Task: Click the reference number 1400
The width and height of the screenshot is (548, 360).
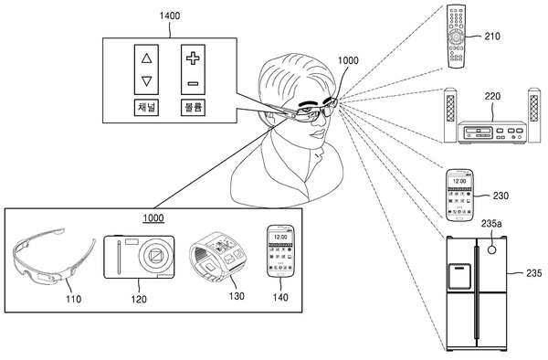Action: point(170,16)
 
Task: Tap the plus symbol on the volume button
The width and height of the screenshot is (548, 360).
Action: point(193,58)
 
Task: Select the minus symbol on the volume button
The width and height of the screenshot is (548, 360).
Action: point(193,83)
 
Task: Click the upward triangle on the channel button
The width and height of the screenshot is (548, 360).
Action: point(147,58)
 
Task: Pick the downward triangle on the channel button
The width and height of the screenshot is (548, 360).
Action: point(147,81)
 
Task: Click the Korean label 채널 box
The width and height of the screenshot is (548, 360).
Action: point(146,107)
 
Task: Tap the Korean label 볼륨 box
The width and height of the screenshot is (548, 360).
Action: point(193,107)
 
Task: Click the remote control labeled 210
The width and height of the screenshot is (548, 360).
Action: point(457,37)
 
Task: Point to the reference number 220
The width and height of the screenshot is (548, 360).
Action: point(492,96)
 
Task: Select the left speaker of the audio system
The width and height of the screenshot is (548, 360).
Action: point(450,115)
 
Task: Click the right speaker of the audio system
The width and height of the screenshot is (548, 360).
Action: point(534,115)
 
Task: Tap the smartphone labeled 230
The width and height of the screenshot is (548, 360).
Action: point(459,195)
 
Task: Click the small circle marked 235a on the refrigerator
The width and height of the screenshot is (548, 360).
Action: point(491,249)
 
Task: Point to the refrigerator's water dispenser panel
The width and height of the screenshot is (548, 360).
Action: point(459,276)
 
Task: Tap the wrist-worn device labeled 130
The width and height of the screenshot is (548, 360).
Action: point(216,257)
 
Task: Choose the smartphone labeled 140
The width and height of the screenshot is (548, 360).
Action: point(280,251)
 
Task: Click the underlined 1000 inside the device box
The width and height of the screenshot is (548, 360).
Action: point(153,218)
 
